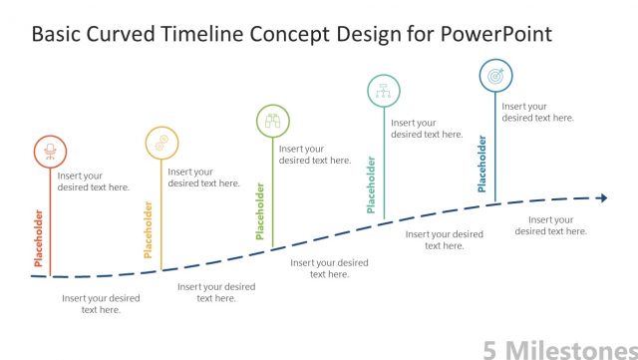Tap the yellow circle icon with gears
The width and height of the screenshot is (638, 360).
[159, 143]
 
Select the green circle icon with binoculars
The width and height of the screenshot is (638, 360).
[272, 121]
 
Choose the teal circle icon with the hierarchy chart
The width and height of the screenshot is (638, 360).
[383, 91]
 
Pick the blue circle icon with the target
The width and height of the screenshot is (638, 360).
[495, 75]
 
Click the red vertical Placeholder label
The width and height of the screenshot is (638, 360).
[39, 238]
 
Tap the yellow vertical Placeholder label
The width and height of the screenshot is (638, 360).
[149, 229]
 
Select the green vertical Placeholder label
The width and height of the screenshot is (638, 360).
[260, 210]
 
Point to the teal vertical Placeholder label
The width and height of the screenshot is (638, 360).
[372, 184]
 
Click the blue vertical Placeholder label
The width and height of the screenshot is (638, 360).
[482, 165]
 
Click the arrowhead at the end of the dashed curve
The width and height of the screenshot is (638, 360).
[602, 197]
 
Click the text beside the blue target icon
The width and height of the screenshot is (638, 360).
[537, 112]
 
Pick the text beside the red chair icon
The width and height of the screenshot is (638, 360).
[93, 181]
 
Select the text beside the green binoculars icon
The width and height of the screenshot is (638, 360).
[315, 155]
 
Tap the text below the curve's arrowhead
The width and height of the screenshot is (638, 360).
[550, 225]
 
